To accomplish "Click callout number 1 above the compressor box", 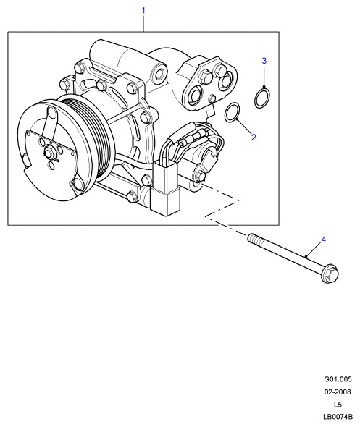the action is click(143, 11).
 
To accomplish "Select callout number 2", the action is click(254, 138).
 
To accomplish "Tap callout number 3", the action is click(264, 61).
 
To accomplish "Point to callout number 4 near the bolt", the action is click(324, 240).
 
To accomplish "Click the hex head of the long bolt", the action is click(330, 274).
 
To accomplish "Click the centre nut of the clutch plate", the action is click(49, 151).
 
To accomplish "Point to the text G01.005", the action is click(338, 379).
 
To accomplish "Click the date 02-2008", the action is click(338, 392).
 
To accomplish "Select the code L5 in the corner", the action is click(338, 405).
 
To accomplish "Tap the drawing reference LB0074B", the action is click(338, 417).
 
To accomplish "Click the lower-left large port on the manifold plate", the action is click(196, 95).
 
